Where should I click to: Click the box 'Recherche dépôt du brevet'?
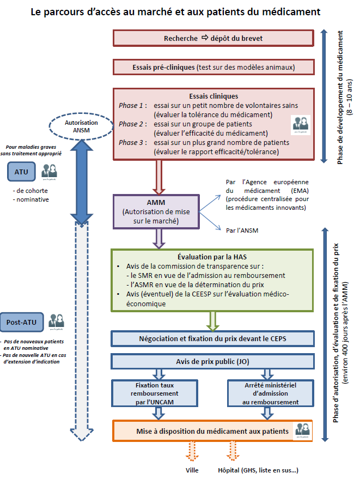pyautogui.click(x=213, y=39)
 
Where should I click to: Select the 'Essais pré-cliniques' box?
pyautogui.click(x=213, y=67)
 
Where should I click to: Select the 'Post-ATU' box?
pyautogui.click(x=21, y=322)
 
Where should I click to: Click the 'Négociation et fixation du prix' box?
pyautogui.click(x=213, y=338)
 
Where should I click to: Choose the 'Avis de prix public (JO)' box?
pyautogui.click(x=213, y=361)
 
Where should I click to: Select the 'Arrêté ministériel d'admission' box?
pyautogui.click(x=270, y=393)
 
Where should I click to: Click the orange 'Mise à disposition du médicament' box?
pyautogui.click(x=213, y=431)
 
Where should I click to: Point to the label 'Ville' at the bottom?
pyautogui.click(x=192, y=470)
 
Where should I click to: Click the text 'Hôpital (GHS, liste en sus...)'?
pyautogui.click(x=258, y=470)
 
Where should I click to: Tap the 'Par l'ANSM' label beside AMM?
pyautogui.click(x=242, y=231)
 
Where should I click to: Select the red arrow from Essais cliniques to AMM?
pyautogui.click(x=160, y=177)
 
